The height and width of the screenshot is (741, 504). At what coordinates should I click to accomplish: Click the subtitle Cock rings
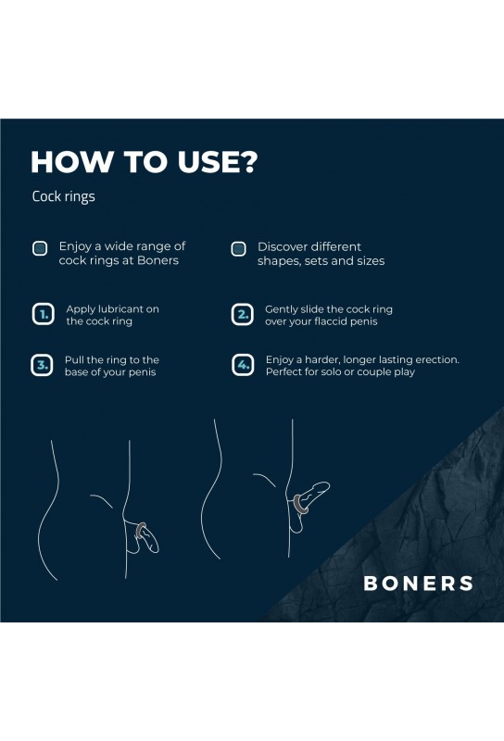coord(63,196)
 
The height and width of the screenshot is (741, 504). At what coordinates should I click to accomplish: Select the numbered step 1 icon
coord(43,314)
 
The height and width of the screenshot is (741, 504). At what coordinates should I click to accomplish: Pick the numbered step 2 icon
coord(243,315)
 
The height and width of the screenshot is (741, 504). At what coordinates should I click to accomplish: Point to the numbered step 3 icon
coord(42,365)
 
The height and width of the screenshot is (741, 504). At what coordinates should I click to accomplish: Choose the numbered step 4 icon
coord(243,365)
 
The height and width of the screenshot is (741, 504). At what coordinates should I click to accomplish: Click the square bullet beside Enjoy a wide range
coord(40,248)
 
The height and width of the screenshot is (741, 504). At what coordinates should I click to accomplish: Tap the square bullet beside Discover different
coord(238,248)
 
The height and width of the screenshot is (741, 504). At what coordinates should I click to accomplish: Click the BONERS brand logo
coord(419,584)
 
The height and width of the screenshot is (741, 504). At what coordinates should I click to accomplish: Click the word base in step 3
coord(75,372)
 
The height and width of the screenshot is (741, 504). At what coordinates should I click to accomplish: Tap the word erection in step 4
coord(437,359)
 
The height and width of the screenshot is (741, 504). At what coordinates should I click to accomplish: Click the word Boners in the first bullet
coord(157,260)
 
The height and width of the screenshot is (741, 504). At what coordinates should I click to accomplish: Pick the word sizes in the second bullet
coord(371,261)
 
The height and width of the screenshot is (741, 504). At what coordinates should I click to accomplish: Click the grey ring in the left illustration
coord(140,531)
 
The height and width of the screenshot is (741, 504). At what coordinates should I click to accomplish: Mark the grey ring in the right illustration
coord(298,504)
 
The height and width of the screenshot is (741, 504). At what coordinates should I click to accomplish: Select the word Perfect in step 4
coord(283,372)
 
